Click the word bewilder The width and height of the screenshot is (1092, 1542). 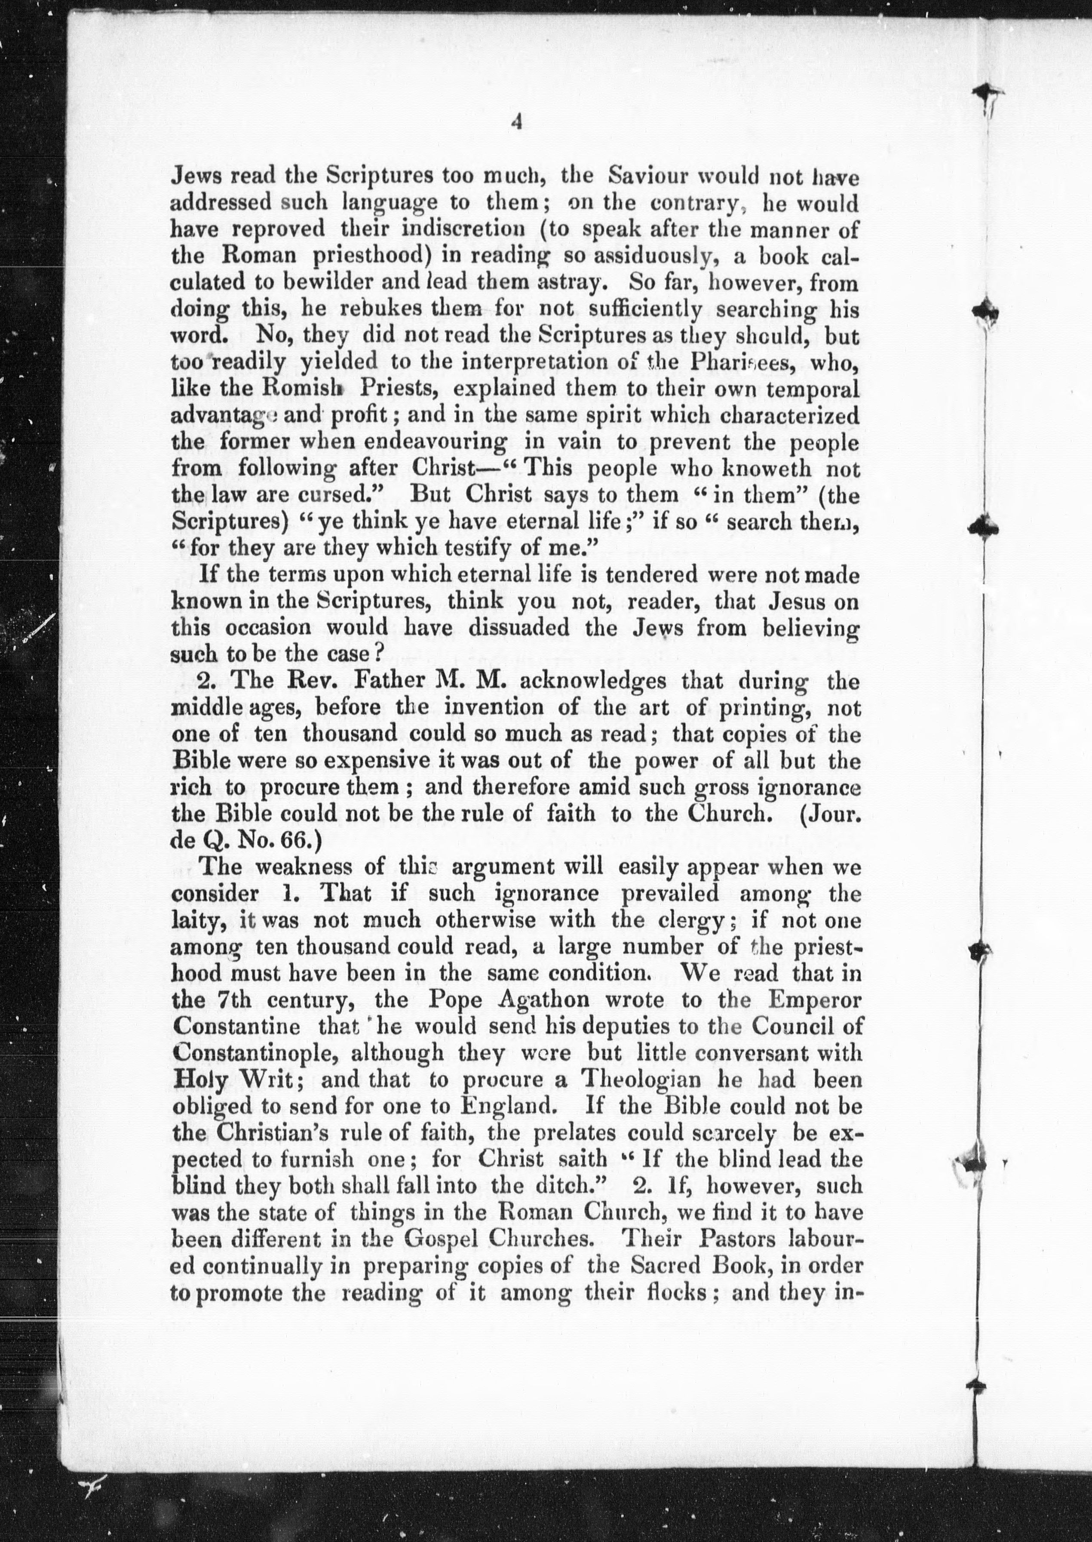pos(315,283)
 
